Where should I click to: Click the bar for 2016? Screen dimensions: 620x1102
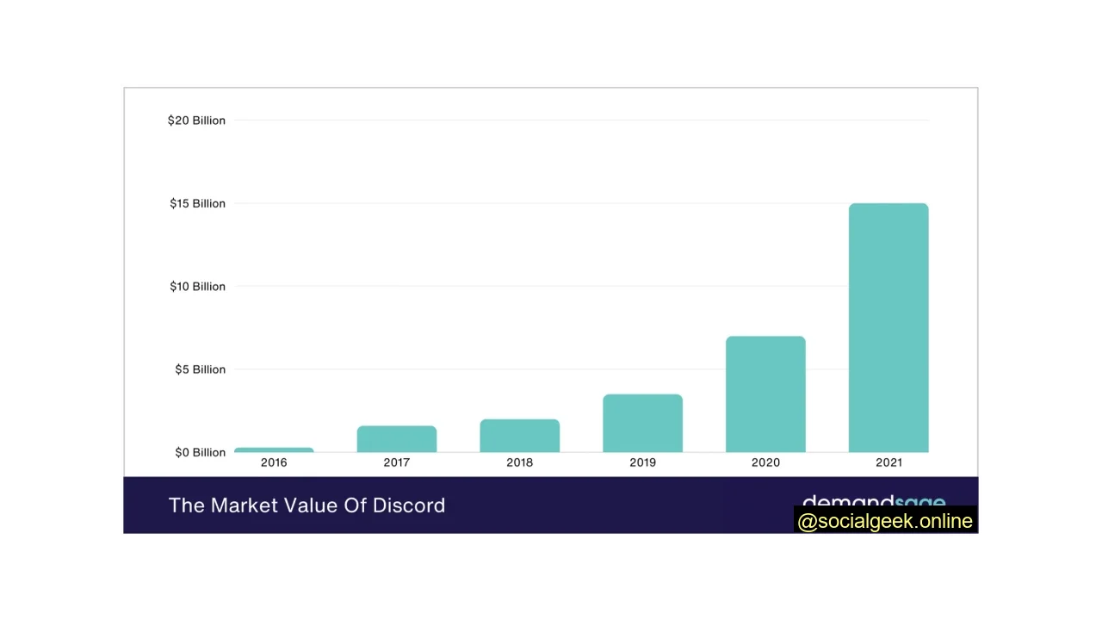coord(274,449)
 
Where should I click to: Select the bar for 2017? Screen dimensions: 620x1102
coord(397,439)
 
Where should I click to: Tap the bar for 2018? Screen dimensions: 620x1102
coord(520,436)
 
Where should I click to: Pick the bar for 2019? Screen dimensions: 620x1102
coord(642,423)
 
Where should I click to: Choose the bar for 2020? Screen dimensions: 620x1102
coord(765,394)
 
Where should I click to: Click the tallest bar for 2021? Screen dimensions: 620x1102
coord(888,328)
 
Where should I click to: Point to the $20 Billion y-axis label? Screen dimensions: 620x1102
coord(196,121)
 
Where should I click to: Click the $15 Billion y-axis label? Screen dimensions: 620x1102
coord(197,203)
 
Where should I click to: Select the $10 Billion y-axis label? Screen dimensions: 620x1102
coord(197,286)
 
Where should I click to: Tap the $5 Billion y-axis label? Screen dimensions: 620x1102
coord(200,369)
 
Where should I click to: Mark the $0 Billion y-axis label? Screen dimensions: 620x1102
coord(200,452)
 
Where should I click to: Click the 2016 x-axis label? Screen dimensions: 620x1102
coord(274,462)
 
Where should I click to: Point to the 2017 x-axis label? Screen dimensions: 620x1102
coord(397,462)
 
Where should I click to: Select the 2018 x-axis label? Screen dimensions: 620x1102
coord(520,462)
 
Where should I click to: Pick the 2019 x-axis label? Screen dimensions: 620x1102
coord(642,462)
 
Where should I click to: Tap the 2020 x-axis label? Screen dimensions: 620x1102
coord(765,462)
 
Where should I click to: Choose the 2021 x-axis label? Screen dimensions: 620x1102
coord(888,462)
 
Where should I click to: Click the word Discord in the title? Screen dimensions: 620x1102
coord(409,505)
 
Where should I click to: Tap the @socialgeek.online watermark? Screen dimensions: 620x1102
coord(885,521)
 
